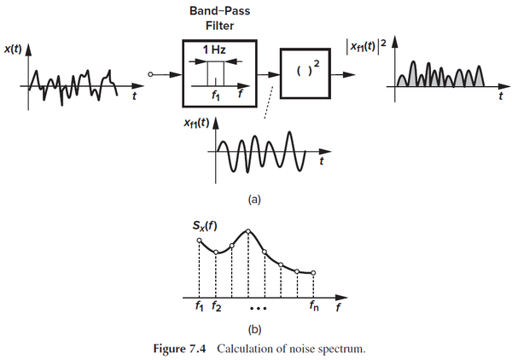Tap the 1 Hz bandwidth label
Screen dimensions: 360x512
pyautogui.click(x=214, y=50)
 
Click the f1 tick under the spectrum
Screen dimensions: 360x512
pyautogui.click(x=199, y=305)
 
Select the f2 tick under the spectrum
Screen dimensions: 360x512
pyautogui.click(x=218, y=305)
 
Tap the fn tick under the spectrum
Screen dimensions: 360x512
pyautogui.click(x=314, y=305)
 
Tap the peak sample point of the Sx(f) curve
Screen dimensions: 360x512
pyautogui.click(x=247, y=231)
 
